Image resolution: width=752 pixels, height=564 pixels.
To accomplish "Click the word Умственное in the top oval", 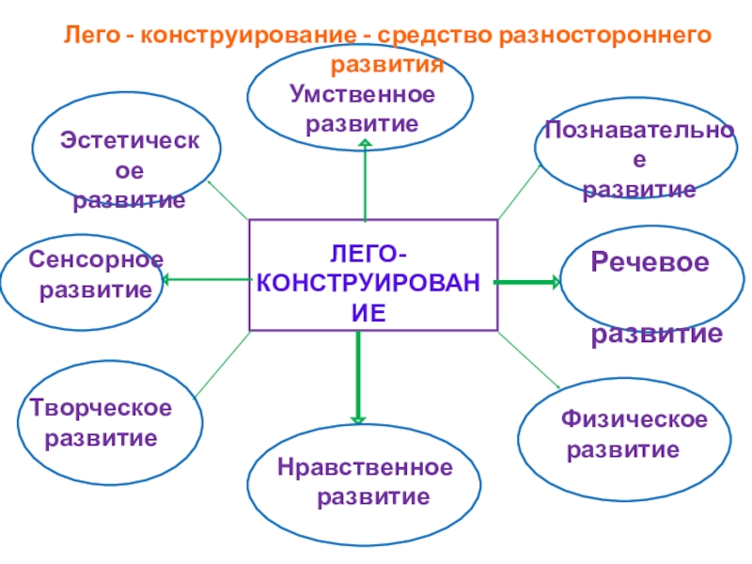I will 363,95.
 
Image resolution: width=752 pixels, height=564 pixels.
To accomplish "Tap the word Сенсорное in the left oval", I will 95,258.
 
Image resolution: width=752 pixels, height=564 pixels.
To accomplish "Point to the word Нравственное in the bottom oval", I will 365,467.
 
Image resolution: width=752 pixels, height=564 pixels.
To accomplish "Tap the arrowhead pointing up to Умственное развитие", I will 365,143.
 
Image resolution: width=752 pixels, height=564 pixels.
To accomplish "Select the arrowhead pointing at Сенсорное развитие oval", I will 165,279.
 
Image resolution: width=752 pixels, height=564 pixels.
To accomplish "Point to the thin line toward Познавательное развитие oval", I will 518,193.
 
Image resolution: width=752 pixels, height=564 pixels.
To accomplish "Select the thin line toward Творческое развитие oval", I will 222,362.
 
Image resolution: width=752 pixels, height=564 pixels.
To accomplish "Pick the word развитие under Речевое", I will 656,334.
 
